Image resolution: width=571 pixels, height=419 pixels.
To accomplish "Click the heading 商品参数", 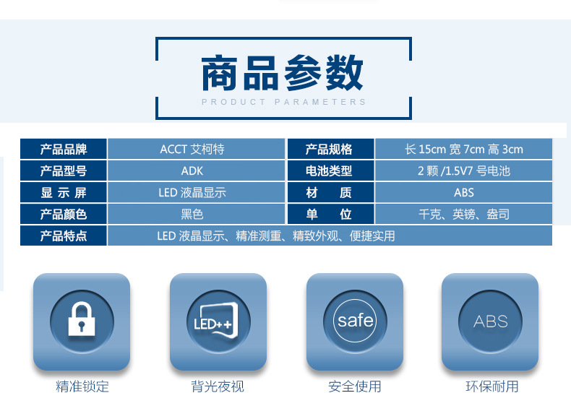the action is coord(282,72).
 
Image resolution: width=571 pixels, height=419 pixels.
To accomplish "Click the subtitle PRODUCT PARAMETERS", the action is coord(283,102).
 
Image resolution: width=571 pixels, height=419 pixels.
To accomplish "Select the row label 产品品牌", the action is coord(64,150).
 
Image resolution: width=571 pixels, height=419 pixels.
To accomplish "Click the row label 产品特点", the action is coord(64,236).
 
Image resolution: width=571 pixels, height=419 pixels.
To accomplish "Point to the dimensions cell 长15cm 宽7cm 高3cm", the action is coord(463,150).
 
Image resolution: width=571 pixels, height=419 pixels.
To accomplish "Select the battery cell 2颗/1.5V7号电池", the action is coord(463,170).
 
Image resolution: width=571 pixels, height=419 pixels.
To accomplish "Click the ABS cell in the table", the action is coord(463,193).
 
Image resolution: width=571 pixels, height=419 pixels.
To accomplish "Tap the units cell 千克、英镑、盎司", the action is coord(463,214).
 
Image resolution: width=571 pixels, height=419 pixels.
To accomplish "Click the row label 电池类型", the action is coord(328,170).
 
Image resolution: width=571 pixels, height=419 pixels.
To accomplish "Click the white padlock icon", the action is coord(82,319).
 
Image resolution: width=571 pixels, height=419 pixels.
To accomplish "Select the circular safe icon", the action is coord(355,321).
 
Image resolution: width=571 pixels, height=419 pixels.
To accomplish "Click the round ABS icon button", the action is coord(490,321).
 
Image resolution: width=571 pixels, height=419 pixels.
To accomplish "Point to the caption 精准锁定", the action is coord(82,386).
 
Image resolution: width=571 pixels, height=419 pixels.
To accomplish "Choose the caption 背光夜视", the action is coord(218,386).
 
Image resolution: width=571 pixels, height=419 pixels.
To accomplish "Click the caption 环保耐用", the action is coord(492,386).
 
